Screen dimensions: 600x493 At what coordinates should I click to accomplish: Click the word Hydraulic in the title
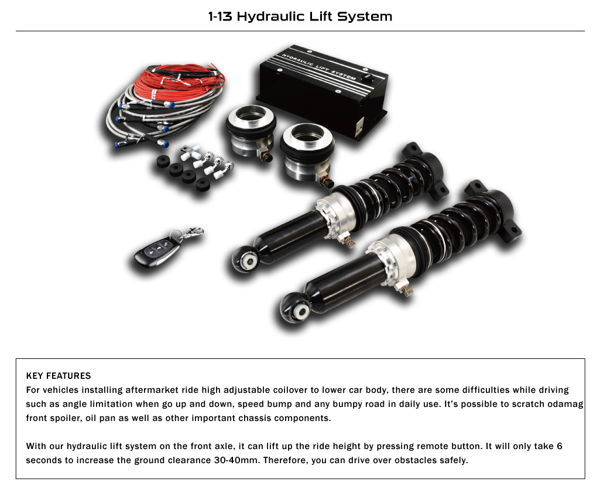[x=270, y=16]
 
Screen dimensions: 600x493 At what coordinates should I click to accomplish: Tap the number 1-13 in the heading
[x=220, y=16]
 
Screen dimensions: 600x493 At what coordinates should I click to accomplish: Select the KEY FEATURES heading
[x=59, y=376]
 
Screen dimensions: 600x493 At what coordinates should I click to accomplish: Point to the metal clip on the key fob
[x=191, y=233]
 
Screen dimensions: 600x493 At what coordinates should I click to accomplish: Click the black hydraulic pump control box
[x=323, y=92]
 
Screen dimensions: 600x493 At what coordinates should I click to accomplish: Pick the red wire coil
[x=179, y=80]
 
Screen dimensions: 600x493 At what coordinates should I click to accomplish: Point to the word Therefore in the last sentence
[x=286, y=460]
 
